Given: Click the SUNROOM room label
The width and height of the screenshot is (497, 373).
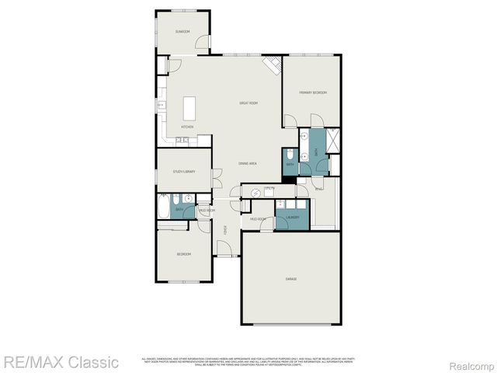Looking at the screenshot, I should [182, 31].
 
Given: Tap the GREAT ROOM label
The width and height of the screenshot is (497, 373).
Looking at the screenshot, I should [248, 103].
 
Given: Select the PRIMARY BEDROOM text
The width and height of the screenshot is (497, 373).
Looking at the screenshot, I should [313, 92].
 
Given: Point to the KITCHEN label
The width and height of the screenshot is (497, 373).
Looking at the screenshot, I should [187, 127].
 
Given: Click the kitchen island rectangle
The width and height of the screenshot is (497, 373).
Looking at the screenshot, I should [188, 108].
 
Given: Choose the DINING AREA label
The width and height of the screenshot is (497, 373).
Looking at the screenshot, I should [248, 163].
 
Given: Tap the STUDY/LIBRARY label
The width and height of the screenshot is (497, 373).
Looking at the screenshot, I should [184, 171].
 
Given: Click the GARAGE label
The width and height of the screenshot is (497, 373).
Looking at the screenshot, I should [291, 278].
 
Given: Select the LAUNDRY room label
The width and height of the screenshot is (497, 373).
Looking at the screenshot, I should [293, 218].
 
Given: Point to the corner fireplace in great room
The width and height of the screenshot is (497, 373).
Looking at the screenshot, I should [272, 65].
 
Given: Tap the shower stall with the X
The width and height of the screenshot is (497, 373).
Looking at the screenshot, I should [333, 141].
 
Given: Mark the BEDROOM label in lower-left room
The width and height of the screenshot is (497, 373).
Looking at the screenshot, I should [183, 254].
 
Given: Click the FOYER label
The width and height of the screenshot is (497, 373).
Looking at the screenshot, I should [225, 230].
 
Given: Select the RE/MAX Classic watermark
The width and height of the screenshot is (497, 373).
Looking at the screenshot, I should [61, 362].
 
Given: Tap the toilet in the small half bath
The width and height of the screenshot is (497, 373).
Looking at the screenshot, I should [288, 152].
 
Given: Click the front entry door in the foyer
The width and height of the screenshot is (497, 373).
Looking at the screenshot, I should [224, 249].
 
